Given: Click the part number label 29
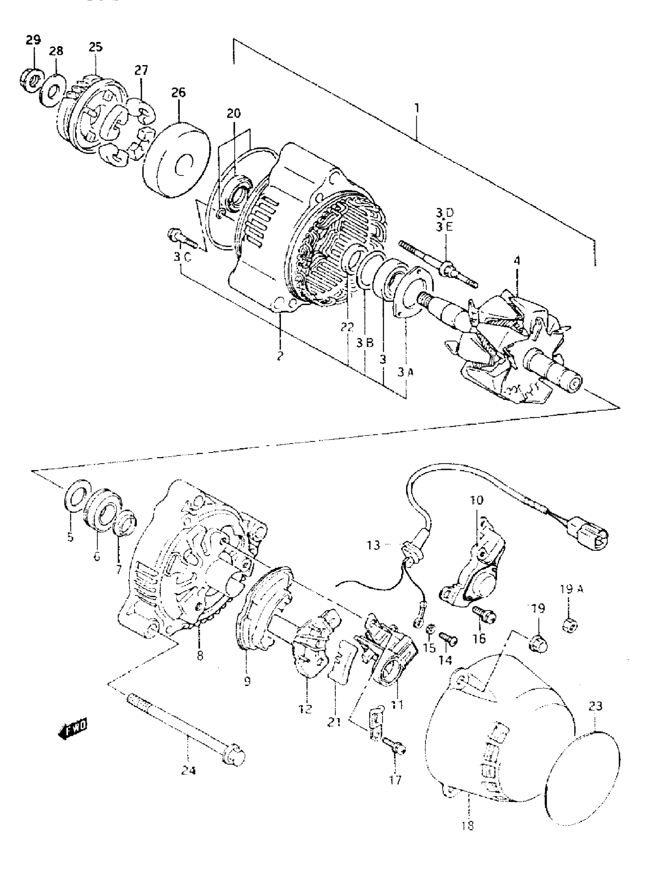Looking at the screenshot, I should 33,40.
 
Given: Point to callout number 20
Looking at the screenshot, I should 234,113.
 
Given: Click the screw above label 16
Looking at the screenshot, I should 484,614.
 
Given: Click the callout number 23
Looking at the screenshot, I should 595,706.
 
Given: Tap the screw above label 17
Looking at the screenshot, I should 394,746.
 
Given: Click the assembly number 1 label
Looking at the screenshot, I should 416,108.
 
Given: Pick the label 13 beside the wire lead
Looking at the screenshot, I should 373,545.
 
